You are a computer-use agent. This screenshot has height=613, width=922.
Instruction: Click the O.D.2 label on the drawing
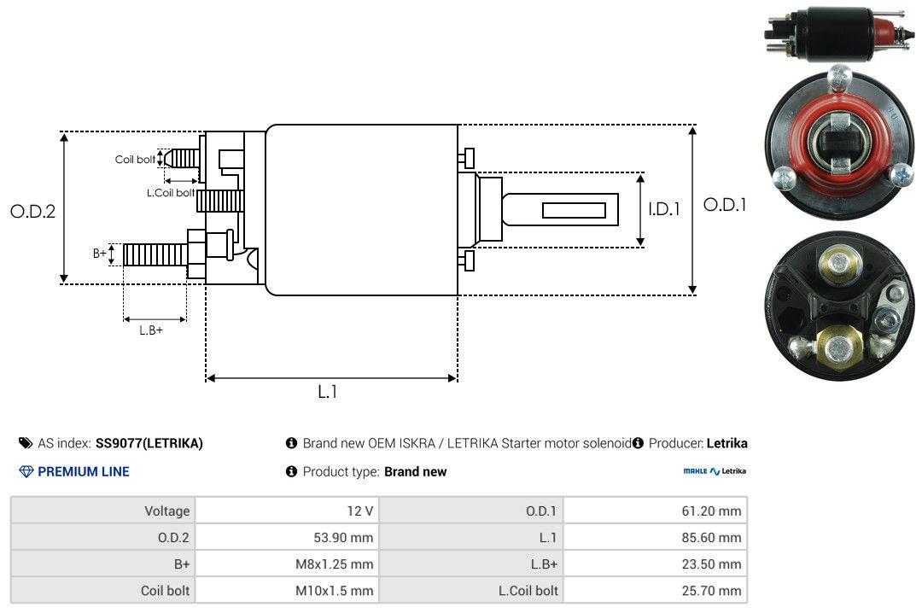click(33, 211)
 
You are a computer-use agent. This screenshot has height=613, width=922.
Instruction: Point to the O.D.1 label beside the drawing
click(725, 205)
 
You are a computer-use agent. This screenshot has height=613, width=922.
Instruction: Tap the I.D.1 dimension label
click(664, 209)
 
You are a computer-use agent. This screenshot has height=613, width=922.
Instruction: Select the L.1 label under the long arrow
click(328, 392)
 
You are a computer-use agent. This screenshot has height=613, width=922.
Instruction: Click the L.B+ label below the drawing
click(151, 330)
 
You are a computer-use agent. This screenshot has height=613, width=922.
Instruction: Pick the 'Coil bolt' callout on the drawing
click(135, 160)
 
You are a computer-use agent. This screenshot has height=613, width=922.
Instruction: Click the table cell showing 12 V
click(360, 511)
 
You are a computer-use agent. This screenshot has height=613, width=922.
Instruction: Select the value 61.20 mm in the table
click(711, 511)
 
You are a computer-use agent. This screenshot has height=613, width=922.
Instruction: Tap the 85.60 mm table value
click(711, 537)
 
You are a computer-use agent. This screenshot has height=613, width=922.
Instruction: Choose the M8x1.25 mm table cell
click(334, 563)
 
